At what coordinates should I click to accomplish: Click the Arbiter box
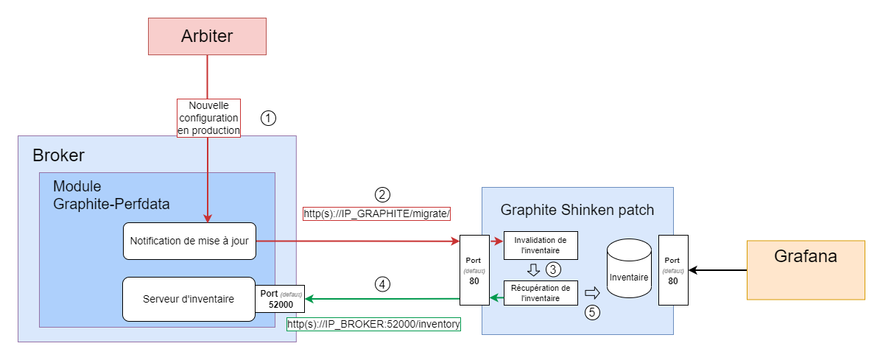207,37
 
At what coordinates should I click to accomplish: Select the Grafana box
805,269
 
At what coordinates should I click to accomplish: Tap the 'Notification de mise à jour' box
189,241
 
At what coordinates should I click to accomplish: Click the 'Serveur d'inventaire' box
189,299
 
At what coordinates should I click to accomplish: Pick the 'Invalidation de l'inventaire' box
541,245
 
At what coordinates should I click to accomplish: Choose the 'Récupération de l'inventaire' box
541,292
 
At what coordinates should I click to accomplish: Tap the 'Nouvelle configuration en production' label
209,118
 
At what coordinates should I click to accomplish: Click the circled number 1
269,118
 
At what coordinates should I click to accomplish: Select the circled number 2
382,195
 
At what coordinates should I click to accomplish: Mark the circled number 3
553,269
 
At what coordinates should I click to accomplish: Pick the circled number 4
382,283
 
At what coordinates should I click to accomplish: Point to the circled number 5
592,312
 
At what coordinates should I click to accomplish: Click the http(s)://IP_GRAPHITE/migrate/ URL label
376,213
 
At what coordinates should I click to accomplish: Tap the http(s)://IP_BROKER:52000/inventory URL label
373,324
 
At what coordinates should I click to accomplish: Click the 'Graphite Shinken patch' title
577,210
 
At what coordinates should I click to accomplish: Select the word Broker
59,155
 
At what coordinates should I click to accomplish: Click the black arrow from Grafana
719,270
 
